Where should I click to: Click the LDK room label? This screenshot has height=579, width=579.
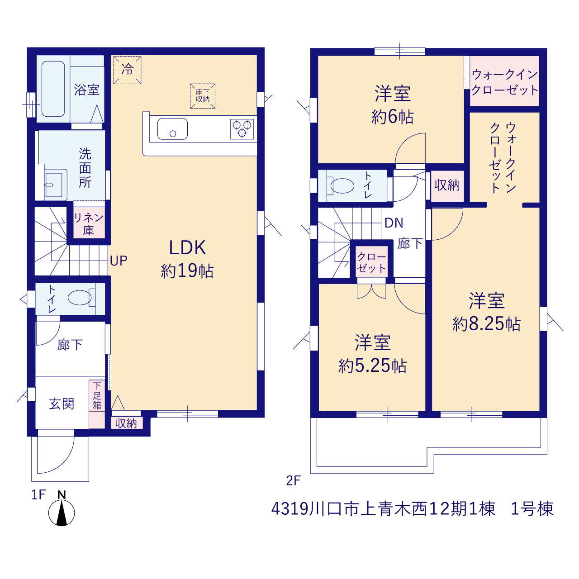point(187,248)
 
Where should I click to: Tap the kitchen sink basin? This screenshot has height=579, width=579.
point(172,128)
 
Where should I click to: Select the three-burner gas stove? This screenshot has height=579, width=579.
point(242,129)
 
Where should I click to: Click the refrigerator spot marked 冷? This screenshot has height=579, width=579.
point(128,70)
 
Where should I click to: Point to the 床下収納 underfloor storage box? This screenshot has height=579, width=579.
point(203,96)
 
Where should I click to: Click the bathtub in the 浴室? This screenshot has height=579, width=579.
point(53,89)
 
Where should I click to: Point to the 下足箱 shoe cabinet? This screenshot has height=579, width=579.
point(97,404)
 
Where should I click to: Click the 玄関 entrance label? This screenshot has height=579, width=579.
point(62,404)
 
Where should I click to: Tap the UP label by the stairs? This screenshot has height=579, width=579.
point(119,261)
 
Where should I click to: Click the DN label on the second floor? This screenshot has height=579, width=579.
point(394,223)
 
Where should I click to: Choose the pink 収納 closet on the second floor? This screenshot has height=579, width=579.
point(447,186)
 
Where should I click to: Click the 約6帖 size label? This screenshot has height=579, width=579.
point(393,117)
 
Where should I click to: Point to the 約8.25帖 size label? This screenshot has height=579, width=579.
point(486,324)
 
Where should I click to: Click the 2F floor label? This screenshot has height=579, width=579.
point(293,481)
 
